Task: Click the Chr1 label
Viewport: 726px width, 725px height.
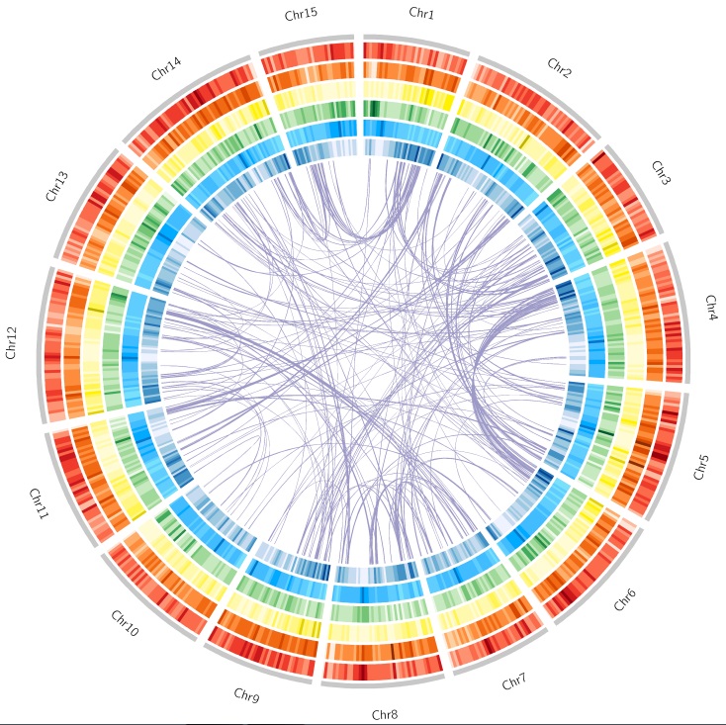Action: coord(421,14)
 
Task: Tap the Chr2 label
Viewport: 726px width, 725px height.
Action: coord(559,68)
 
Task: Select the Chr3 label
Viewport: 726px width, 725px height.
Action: coord(661,174)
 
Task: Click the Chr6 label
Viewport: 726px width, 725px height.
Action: coord(624,598)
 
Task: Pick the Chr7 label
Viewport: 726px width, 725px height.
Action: coord(514,682)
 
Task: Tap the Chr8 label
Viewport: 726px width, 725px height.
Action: coord(385,714)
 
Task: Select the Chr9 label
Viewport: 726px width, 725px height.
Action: coord(246,695)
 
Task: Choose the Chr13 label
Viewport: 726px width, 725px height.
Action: coord(56,186)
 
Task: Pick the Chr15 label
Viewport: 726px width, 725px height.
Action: coord(300,15)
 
